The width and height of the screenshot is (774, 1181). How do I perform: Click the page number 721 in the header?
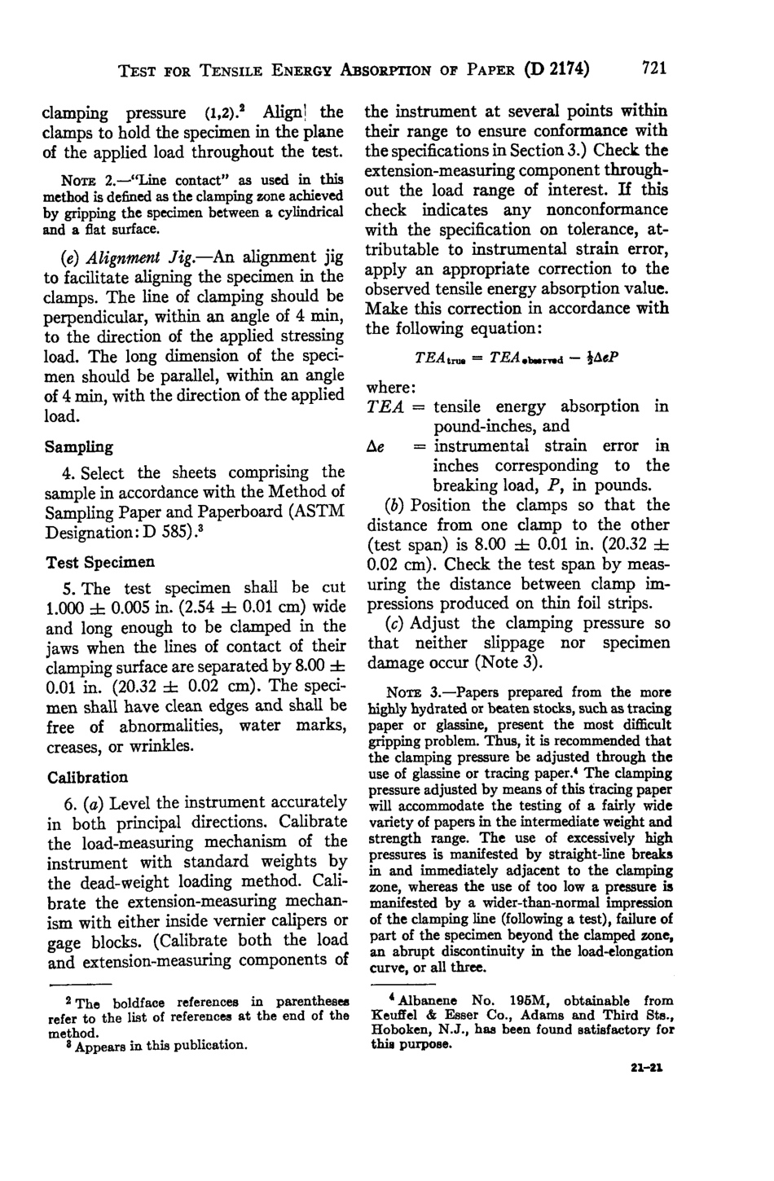coord(654,68)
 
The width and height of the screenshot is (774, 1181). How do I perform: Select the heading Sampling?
coord(79,447)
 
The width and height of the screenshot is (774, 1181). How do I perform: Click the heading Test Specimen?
coord(101,562)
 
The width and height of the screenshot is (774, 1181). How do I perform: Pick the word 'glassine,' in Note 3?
coord(416,725)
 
